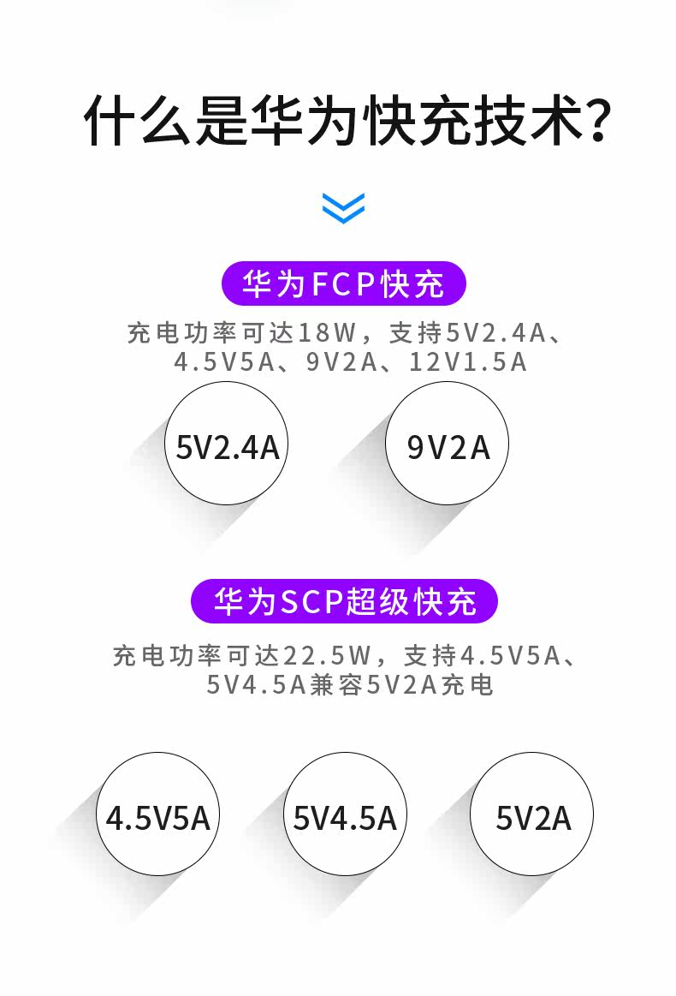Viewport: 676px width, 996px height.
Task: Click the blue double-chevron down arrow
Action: [x=343, y=207]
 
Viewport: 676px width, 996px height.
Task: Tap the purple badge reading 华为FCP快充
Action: [x=343, y=284]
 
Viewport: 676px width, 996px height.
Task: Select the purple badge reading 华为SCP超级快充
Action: [x=344, y=601]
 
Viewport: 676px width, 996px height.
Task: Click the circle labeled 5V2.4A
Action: [x=227, y=443]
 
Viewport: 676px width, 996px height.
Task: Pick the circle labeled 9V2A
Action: [x=448, y=443]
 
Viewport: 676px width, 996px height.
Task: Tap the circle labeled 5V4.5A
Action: [x=345, y=814]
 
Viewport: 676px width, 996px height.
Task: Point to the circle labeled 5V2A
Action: [x=532, y=814]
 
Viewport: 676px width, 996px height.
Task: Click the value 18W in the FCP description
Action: [x=329, y=331]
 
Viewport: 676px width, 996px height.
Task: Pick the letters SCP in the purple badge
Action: [x=311, y=602]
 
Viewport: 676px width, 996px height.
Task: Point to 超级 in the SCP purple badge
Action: [x=377, y=602]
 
